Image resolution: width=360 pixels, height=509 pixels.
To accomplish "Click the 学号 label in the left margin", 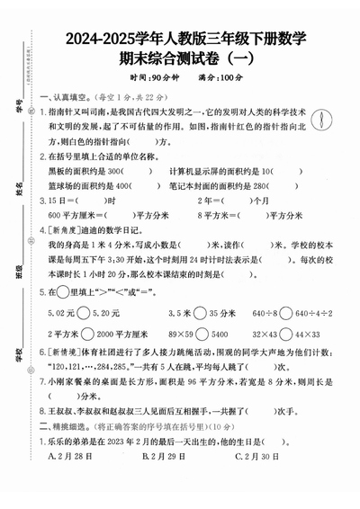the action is (19, 109).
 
